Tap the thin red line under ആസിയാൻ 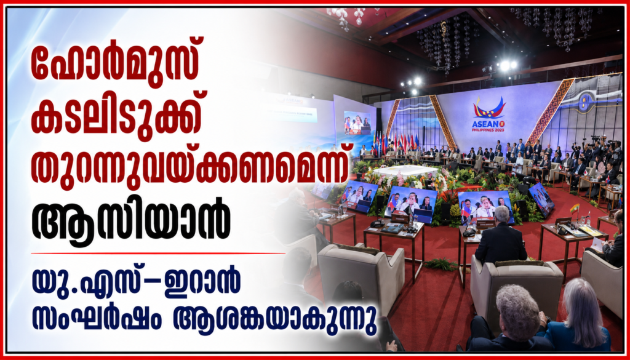(158, 253)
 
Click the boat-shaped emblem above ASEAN (488, 107)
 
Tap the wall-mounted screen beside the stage (357, 122)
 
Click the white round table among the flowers (405, 171)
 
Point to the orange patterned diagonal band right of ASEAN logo (551, 110)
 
